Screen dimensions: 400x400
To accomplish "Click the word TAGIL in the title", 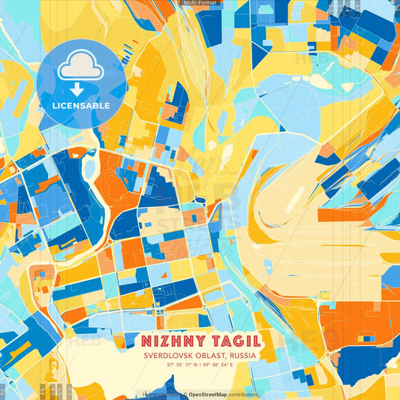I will (x=233, y=340).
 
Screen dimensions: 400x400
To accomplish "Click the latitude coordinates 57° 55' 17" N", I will (x=182, y=365).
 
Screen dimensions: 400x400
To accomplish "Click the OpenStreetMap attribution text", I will (x=207, y=394).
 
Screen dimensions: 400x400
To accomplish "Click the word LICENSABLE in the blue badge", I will (x=81, y=106).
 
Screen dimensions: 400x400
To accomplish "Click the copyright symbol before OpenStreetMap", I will (x=184, y=394).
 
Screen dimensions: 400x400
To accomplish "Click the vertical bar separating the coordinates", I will (x=200, y=365).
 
